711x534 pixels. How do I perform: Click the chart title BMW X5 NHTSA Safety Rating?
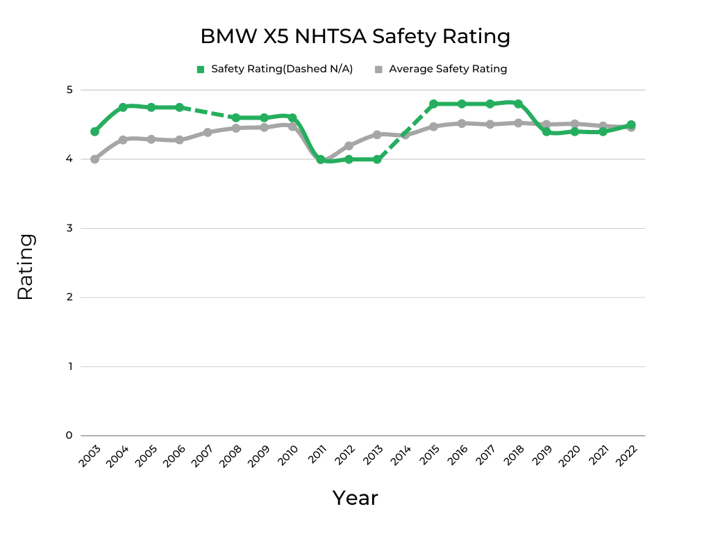355,36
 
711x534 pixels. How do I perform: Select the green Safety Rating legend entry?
275,69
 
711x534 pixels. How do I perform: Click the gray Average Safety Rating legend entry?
441,69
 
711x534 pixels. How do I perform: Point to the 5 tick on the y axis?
69,90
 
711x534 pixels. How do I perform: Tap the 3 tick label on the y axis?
69,228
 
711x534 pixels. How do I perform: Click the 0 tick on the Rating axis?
69,435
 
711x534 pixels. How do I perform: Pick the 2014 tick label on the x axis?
401,457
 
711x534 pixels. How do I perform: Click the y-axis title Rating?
25,267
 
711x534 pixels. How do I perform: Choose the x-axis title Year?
355,498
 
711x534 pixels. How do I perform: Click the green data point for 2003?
94,131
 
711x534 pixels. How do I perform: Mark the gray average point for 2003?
94,159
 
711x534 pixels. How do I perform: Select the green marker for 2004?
123,107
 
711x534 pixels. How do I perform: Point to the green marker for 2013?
377,159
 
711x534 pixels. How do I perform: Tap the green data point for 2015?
433,104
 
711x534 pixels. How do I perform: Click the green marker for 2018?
518,104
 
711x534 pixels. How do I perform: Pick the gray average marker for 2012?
349,146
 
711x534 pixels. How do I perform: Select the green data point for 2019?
546,131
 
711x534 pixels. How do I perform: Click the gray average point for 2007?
208,132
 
